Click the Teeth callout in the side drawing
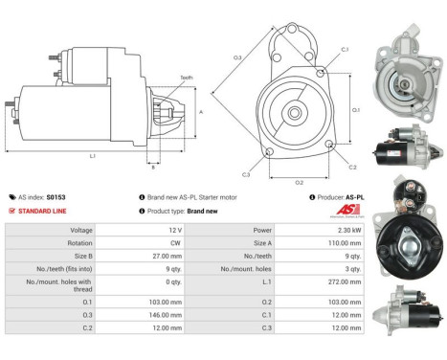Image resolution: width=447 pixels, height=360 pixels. [x=185, y=78]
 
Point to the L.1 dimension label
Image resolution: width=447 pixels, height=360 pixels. [x=91, y=155]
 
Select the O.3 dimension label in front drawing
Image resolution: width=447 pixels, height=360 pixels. [x=237, y=58]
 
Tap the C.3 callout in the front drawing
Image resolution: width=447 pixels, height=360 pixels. [x=246, y=174]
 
